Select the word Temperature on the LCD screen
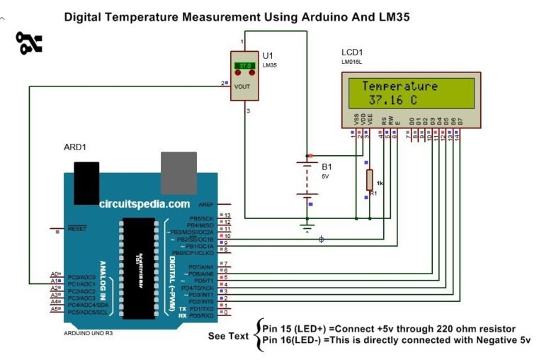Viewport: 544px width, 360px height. pyautogui.click(x=399, y=86)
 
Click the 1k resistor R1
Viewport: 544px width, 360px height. pyautogui.click(x=369, y=180)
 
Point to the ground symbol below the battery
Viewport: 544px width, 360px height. pyautogui.click(x=307, y=227)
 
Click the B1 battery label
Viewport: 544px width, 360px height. pyautogui.click(x=327, y=167)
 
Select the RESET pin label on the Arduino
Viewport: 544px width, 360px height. pyautogui.click(x=76, y=230)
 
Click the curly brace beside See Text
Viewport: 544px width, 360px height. pyautogui.click(x=256, y=333)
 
